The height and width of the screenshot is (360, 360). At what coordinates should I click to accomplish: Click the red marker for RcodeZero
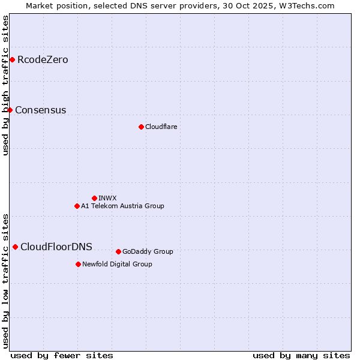12,59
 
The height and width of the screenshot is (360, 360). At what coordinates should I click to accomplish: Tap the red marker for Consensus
10,110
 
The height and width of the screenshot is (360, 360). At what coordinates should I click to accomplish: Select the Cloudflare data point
141,127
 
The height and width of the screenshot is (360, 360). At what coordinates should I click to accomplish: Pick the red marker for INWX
94,198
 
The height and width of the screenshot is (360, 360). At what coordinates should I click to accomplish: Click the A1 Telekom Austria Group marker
77,206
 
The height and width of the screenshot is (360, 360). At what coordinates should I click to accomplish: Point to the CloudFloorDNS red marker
15,247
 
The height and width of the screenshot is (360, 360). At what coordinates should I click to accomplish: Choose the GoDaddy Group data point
118,251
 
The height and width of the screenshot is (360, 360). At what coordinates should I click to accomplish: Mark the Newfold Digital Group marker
78,264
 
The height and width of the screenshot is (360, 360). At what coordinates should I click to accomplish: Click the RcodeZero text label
43,60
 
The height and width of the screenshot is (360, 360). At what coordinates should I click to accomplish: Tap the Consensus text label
40,110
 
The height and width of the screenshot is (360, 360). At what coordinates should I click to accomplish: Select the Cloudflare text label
161,127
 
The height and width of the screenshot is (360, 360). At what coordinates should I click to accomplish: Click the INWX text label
107,198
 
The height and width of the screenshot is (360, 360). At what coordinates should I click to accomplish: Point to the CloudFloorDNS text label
56,247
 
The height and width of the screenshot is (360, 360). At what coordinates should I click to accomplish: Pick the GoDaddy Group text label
148,252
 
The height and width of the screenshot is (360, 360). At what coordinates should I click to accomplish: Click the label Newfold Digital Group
117,264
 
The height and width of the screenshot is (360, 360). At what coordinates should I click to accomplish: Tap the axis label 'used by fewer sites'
62,355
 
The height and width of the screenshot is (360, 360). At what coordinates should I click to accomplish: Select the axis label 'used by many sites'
301,355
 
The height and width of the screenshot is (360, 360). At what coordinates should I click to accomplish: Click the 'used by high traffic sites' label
5,85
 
